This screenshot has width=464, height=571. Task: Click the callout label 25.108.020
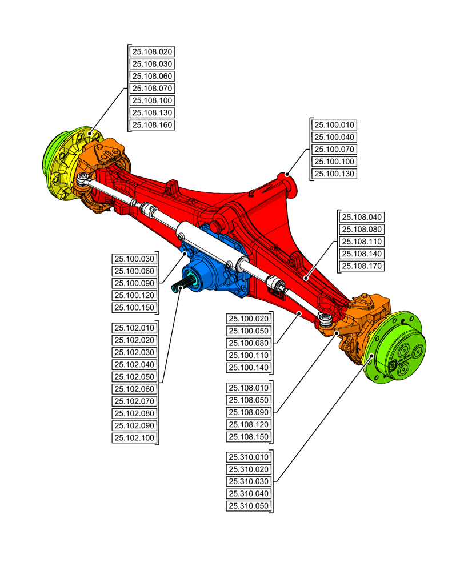152,51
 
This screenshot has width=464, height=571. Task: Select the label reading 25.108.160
152,125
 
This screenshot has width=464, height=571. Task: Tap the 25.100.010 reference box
335,125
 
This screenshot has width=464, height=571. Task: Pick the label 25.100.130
335,174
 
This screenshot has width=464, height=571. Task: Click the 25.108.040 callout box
362,217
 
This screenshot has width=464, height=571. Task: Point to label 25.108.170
362,266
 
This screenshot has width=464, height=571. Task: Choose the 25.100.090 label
134,283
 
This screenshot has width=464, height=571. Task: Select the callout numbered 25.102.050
134,377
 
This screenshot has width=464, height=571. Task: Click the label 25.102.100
134,438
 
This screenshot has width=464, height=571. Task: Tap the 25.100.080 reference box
249,343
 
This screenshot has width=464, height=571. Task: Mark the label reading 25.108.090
249,412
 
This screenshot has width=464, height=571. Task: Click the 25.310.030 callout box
249,481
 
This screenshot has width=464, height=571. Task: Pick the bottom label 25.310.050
249,506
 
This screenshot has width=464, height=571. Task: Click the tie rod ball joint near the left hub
83,179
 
